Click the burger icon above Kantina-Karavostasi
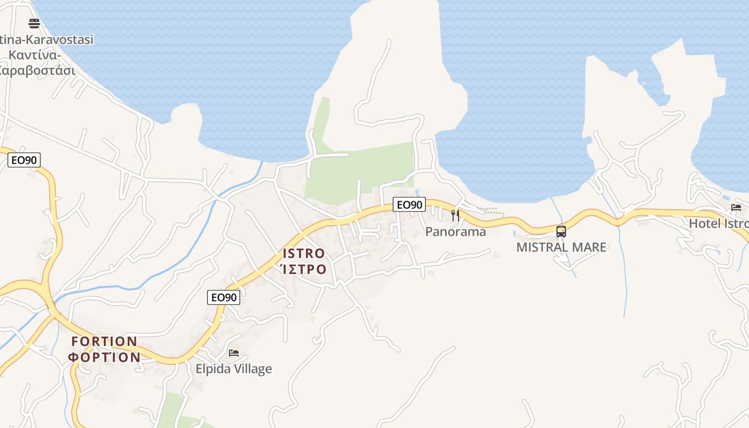34,23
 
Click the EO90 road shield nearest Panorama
410,204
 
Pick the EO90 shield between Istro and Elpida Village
224,297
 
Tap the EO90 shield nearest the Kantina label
24,160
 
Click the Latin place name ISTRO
303,253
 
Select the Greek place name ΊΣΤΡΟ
303,269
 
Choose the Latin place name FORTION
104,341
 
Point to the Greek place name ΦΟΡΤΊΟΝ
104,357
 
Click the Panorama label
455,232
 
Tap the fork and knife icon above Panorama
455,216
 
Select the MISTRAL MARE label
561,247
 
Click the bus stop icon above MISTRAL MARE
561,231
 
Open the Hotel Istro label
719,224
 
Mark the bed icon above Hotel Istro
736,208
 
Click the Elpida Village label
233,369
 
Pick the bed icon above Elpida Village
234,353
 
